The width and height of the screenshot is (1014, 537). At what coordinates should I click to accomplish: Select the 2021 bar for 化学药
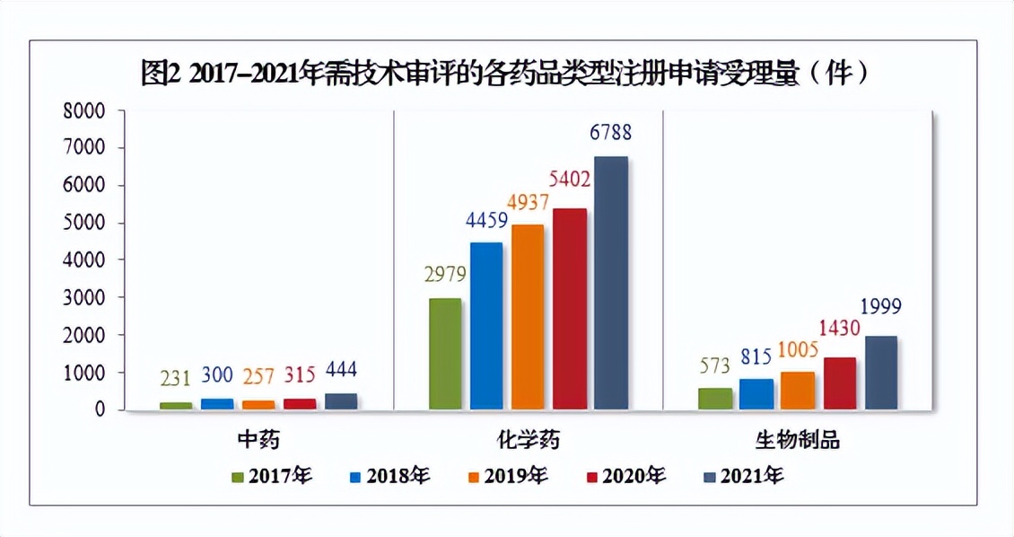(611, 283)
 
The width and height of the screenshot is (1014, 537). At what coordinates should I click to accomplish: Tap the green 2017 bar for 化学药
(445, 354)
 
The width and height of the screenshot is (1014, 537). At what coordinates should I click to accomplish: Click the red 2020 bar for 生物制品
(840, 383)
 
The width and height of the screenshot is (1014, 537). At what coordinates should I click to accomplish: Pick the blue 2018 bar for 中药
(217, 404)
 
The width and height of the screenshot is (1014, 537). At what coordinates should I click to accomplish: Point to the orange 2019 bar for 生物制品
(799, 391)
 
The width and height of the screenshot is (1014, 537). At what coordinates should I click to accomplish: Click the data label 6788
(611, 133)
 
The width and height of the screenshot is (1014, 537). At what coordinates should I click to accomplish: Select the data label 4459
(486, 219)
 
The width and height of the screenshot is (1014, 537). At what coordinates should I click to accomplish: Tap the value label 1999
(880, 307)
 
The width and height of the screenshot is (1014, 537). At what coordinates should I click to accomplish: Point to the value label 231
(176, 380)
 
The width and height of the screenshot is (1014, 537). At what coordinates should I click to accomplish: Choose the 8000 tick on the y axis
(84, 111)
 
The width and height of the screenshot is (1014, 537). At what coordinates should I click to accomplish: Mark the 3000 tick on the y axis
(84, 297)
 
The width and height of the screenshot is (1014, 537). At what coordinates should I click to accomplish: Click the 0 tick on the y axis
(99, 409)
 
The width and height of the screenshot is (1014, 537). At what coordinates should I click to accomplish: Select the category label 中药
(258, 439)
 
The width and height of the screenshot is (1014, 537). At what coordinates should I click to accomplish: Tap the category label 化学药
(527, 439)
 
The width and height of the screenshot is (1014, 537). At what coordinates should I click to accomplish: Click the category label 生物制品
(798, 439)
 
